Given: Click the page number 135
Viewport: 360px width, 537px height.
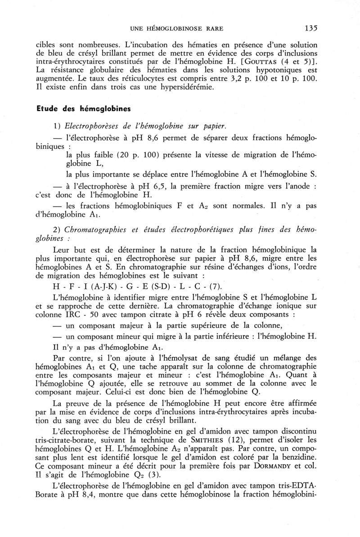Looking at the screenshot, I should pos(310,28).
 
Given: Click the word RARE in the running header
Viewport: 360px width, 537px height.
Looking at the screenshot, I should pos(213,29).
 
